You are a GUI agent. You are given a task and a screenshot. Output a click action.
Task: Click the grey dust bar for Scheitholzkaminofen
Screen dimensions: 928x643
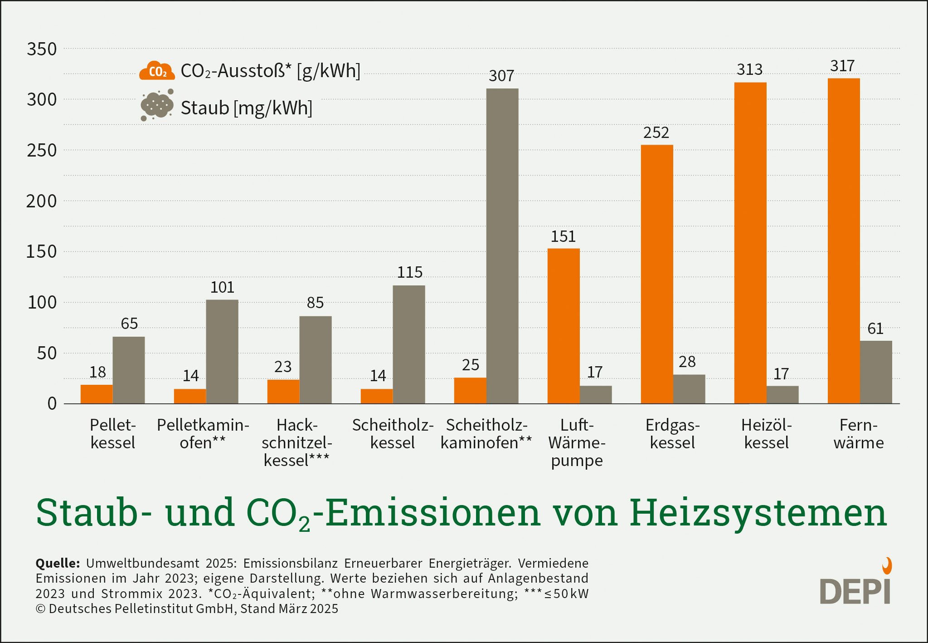pos(502,246)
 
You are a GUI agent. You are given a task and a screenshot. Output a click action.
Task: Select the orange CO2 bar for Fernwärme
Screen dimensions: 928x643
pos(844,241)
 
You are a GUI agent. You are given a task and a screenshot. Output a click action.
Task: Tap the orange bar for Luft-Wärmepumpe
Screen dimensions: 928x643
pos(564,326)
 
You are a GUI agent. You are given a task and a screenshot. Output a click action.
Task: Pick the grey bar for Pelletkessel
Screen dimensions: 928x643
pos(129,370)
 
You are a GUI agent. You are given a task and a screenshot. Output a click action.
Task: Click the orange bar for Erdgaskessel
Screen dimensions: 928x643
pos(657,275)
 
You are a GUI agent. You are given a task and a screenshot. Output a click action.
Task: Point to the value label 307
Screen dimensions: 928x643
pos(501,76)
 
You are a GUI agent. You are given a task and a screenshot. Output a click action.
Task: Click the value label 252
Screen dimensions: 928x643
pos(656,133)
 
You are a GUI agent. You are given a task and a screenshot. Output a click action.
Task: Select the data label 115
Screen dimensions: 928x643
pos(410,272)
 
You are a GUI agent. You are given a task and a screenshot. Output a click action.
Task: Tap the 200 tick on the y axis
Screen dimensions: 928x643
pos(41,201)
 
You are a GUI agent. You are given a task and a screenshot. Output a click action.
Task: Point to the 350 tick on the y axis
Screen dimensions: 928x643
pos(42,49)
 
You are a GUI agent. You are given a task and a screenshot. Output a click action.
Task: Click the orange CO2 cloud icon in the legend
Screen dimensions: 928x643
pos(157,71)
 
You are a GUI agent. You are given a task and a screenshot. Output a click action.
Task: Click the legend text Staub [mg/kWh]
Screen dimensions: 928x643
pos(247,108)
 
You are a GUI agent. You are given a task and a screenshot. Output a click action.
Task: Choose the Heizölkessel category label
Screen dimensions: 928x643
pos(766,434)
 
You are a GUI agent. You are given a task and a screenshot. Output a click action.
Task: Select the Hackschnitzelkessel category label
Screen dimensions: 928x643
pos(297,442)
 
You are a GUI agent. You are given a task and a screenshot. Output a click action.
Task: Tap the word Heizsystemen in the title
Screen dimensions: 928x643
pos(758,513)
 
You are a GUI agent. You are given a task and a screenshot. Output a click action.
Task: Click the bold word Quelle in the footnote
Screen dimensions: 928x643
pos(58,564)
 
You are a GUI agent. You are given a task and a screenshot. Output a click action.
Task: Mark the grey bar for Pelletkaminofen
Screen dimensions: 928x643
pos(222,352)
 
